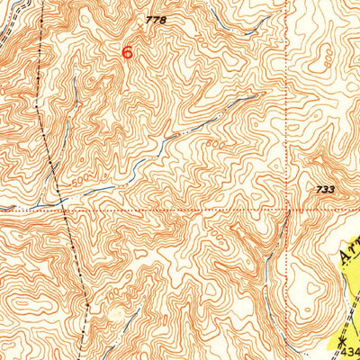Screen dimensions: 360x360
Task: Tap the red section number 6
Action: click(128, 52)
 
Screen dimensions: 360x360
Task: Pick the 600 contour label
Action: click(215, 145)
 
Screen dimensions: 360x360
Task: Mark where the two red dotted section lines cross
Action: click(289, 211)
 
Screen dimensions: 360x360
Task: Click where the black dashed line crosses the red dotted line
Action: click(65, 211)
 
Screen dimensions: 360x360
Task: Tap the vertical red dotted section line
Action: click(289, 108)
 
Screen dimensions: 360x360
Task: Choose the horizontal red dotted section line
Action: click(180, 211)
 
